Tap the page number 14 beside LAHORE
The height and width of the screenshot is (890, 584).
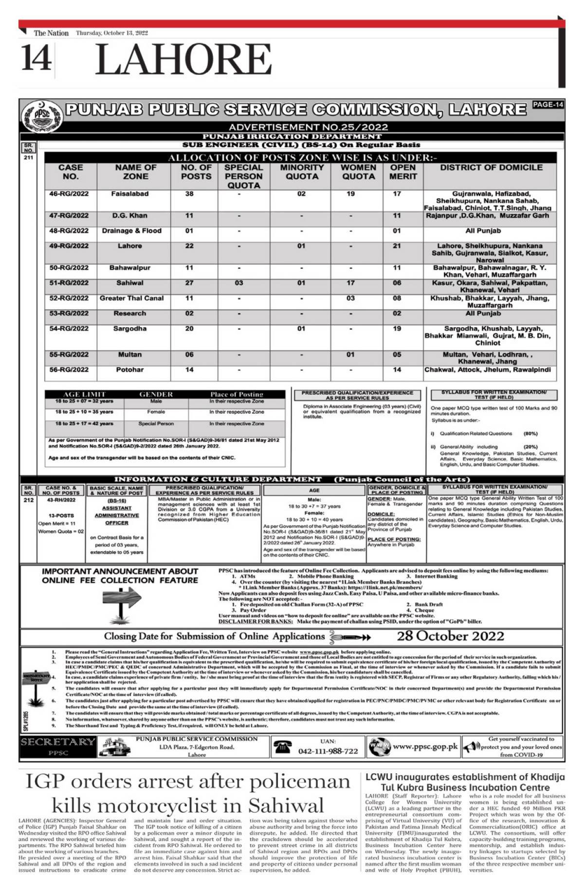coord(36,58)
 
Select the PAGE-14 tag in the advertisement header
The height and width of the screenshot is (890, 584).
coord(547,105)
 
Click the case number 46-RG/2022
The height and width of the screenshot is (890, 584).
coord(69,194)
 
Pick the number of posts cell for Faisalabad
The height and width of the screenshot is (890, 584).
coord(189,194)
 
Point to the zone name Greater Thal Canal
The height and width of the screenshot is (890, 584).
coord(131,298)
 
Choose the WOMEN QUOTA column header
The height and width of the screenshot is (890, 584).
coord(358,172)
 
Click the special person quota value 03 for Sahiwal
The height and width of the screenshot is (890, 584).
coord(239,283)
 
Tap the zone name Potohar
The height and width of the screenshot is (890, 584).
coord(130,370)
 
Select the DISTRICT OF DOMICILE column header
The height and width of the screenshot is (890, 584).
coord(491,168)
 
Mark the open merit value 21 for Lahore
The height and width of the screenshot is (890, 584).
coord(397,246)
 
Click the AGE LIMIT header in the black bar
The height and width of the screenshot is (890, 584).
coord(78,394)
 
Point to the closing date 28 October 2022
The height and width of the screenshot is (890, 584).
coord(450,636)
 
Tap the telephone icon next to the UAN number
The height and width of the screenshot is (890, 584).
coord(282,747)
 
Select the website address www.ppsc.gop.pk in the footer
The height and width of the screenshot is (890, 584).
coord(425,747)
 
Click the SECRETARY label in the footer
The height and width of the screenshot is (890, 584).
coord(57,742)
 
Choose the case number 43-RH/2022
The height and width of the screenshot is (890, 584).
coord(61,500)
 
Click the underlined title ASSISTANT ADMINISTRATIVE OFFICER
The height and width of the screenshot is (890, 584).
coord(117,515)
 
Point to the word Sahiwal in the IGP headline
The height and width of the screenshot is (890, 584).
coord(286,805)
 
